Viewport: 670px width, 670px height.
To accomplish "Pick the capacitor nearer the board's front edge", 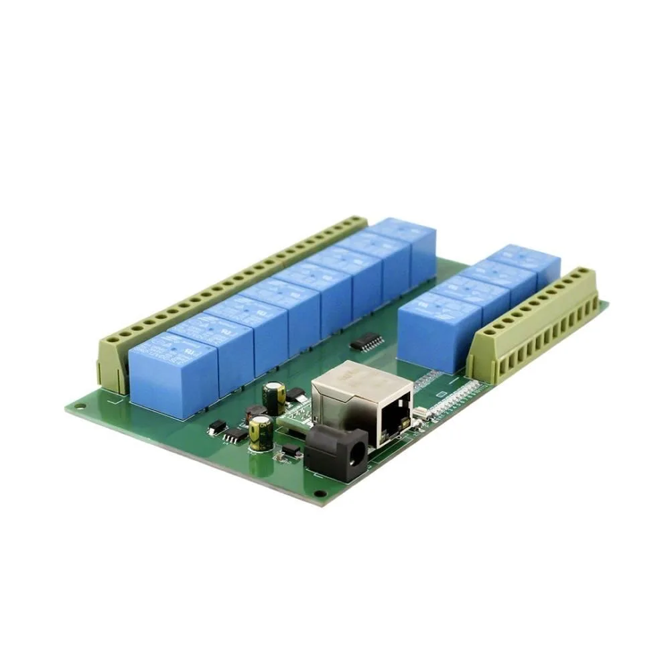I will [261, 432].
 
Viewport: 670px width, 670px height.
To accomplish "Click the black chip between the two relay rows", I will [367, 342].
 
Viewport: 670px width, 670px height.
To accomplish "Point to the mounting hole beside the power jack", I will [320, 494].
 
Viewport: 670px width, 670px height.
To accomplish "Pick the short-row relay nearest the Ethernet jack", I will [439, 332].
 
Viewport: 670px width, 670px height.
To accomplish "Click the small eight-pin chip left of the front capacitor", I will [235, 436].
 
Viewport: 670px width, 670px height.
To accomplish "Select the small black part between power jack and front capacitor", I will [291, 450].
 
